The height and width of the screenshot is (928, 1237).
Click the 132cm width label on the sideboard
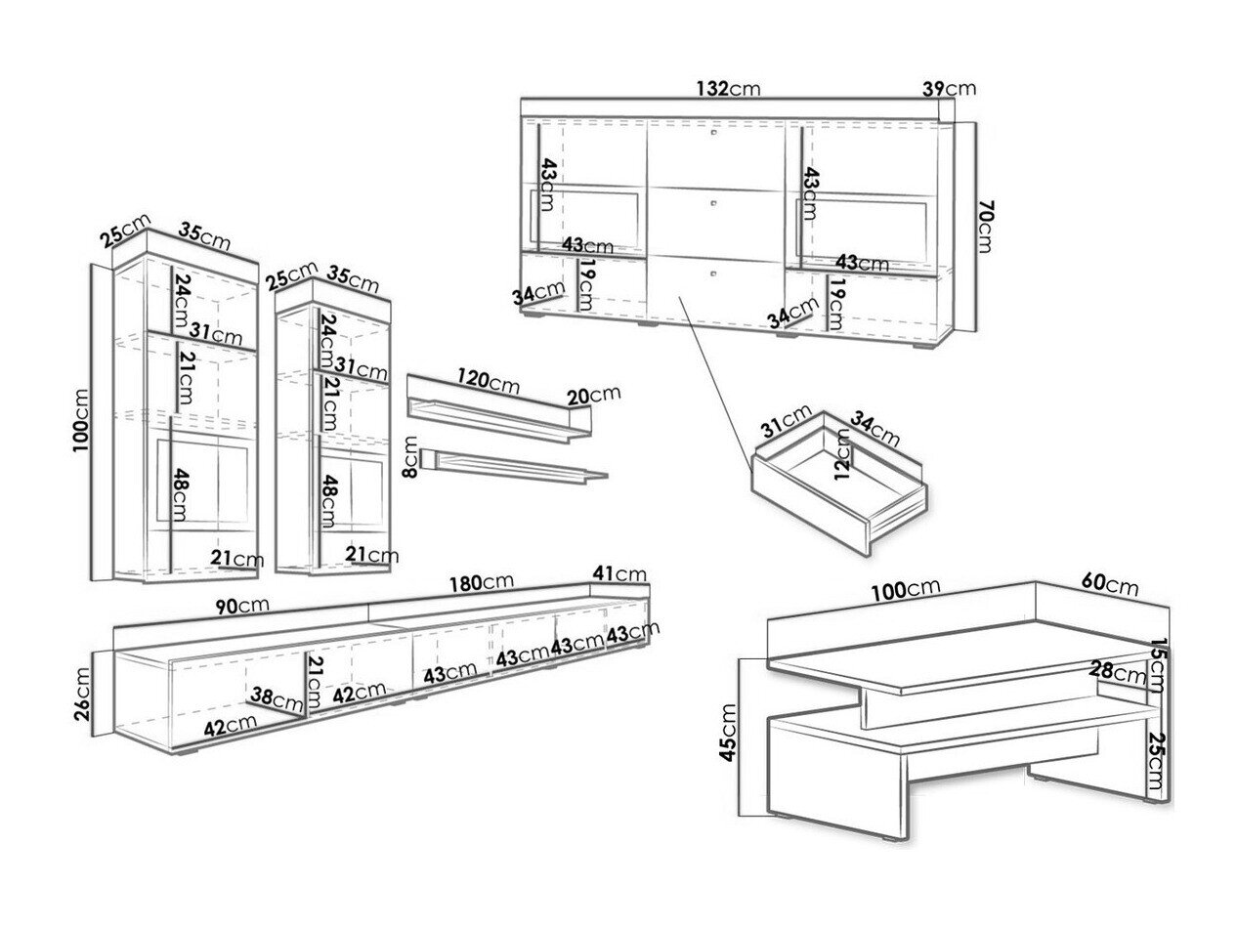[x=728, y=89]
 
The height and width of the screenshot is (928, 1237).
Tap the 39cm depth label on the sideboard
[x=949, y=89]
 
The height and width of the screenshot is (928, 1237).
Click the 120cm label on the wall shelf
[x=488, y=381]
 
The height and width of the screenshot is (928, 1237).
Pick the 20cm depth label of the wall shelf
[x=593, y=394]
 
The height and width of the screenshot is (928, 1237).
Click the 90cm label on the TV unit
[x=241, y=605]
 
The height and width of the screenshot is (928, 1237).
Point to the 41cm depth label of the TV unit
[x=618, y=573]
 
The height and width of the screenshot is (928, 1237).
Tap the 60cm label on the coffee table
[x=1109, y=586]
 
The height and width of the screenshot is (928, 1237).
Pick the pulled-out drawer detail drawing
[x=840, y=484]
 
